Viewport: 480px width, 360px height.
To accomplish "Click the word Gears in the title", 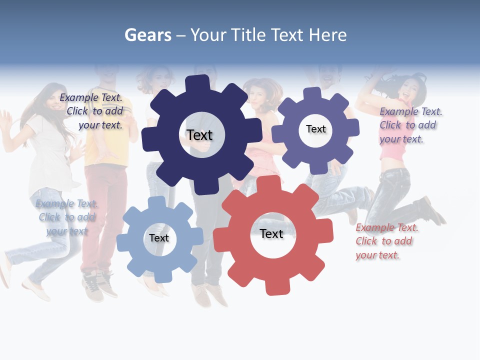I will click(147, 35).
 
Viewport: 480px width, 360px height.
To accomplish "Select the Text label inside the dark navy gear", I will click(199, 135).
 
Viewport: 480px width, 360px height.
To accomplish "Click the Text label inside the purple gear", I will click(315, 129).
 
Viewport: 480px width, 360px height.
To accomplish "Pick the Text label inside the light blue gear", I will click(159, 238).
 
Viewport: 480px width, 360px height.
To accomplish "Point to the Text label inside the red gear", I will click(271, 233).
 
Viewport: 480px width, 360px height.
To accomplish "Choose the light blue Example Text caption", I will click(66, 217).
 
